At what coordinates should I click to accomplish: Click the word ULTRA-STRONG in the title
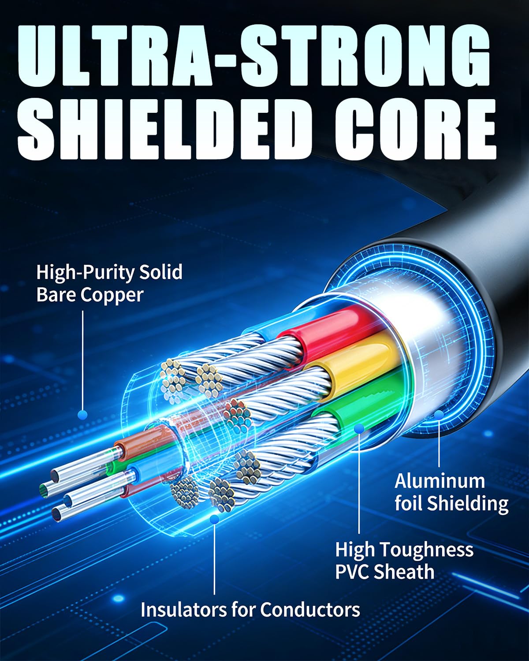tap(254, 56)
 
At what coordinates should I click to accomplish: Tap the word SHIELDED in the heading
tap(163, 129)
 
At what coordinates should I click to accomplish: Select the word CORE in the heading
tap(416, 129)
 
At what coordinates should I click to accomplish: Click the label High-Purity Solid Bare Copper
tap(109, 283)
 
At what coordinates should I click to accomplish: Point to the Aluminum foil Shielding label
tap(451, 492)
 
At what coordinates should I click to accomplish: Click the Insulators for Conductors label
tap(250, 609)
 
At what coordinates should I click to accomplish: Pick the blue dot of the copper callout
tap(82, 415)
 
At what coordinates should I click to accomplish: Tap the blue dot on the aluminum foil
tap(439, 415)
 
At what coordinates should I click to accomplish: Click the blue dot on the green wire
tap(359, 428)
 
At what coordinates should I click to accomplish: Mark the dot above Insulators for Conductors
tap(214, 520)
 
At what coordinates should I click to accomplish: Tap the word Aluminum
tap(440, 481)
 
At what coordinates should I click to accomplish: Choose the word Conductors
tap(310, 609)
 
